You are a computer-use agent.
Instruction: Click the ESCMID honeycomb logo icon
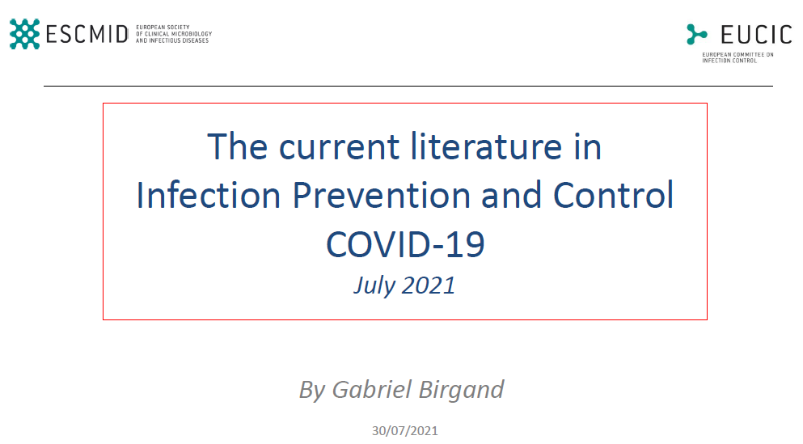[x=24, y=34]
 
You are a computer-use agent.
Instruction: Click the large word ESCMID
[x=87, y=34]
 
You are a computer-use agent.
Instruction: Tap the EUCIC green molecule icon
[x=696, y=34]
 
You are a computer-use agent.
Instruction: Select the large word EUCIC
[x=756, y=35]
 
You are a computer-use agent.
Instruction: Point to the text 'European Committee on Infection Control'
[x=737, y=57]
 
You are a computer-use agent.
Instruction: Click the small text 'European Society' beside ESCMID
[x=163, y=27]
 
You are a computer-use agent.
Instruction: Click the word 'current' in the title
[x=339, y=147]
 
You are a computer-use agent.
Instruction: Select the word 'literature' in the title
[x=486, y=146]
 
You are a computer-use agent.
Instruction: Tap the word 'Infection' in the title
[x=209, y=195]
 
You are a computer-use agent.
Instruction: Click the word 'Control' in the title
[x=613, y=195]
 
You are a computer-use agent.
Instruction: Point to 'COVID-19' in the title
[x=405, y=243]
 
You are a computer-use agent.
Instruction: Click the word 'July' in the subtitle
[x=374, y=285]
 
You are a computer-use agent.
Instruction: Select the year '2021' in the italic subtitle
[x=429, y=285]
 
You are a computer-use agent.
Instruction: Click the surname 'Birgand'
[x=462, y=390]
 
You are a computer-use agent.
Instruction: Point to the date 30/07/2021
[x=405, y=431]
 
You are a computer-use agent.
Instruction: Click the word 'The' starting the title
[x=237, y=146]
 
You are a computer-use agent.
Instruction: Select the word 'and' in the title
[x=511, y=195]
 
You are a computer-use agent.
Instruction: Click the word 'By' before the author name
[x=312, y=391]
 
